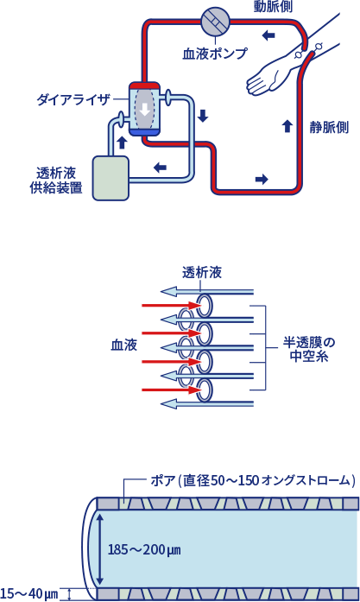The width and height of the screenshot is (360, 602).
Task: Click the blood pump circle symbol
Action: point(215,21)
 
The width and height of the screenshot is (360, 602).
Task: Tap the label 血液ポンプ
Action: point(215,54)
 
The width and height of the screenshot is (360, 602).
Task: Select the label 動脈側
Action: point(273,6)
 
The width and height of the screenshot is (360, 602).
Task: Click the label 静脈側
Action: point(329,127)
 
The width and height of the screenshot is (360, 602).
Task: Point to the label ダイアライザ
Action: point(73,100)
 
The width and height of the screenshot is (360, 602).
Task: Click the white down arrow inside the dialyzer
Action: point(145,109)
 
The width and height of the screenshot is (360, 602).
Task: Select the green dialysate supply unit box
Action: point(111,178)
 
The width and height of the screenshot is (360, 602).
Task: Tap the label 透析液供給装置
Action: point(56,180)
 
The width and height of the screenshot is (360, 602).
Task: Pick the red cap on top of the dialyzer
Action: point(144,86)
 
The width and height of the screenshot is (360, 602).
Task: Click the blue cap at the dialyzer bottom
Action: point(144,132)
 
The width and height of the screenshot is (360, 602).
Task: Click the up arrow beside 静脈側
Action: point(287,126)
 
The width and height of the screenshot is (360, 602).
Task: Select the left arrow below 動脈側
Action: point(268,35)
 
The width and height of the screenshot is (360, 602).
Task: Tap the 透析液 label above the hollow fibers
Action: point(202,272)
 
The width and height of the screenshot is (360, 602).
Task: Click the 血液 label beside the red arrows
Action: point(124,345)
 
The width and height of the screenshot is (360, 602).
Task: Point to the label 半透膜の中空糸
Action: point(309,349)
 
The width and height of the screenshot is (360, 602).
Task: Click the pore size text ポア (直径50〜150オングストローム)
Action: point(253,480)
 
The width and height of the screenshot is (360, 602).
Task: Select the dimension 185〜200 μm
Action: point(144,550)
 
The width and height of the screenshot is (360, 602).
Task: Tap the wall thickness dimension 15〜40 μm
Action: point(29,593)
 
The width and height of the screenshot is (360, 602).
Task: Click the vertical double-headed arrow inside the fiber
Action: point(100,549)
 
